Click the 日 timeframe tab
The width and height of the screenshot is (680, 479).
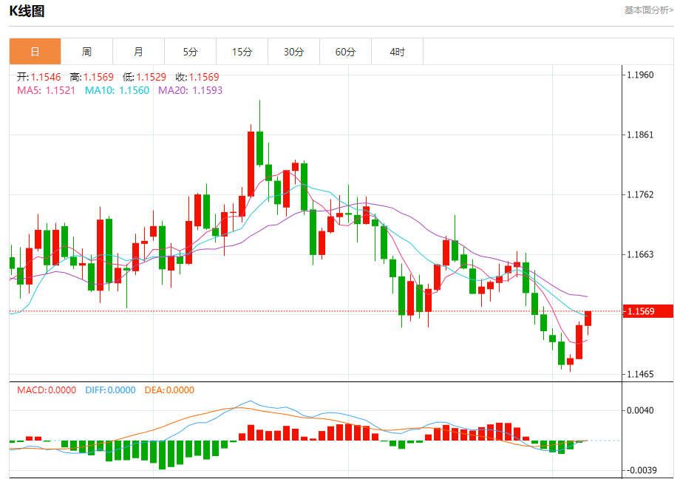[35, 52]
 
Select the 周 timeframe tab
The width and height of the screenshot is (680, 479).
[86, 52]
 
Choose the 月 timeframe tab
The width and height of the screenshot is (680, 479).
[138, 52]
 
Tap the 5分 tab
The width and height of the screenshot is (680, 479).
[190, 52]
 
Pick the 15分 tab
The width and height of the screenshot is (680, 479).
[242, 52]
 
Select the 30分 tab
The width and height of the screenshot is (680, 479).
[293, 52]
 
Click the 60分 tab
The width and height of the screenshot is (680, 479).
[345, 52]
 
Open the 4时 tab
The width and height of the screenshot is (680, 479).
[397, 52]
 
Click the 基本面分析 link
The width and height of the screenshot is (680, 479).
[648, 10]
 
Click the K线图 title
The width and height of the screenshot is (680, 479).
[27, 10]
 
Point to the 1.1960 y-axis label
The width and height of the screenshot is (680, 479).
[639, 75]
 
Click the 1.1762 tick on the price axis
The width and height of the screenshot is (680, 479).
[639, 195]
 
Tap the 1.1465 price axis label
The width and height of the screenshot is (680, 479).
[639, 375]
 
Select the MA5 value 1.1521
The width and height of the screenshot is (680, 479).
[60, 90]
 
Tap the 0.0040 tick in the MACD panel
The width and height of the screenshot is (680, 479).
[639, 410]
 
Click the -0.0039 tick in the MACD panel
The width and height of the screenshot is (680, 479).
[638, 470]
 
